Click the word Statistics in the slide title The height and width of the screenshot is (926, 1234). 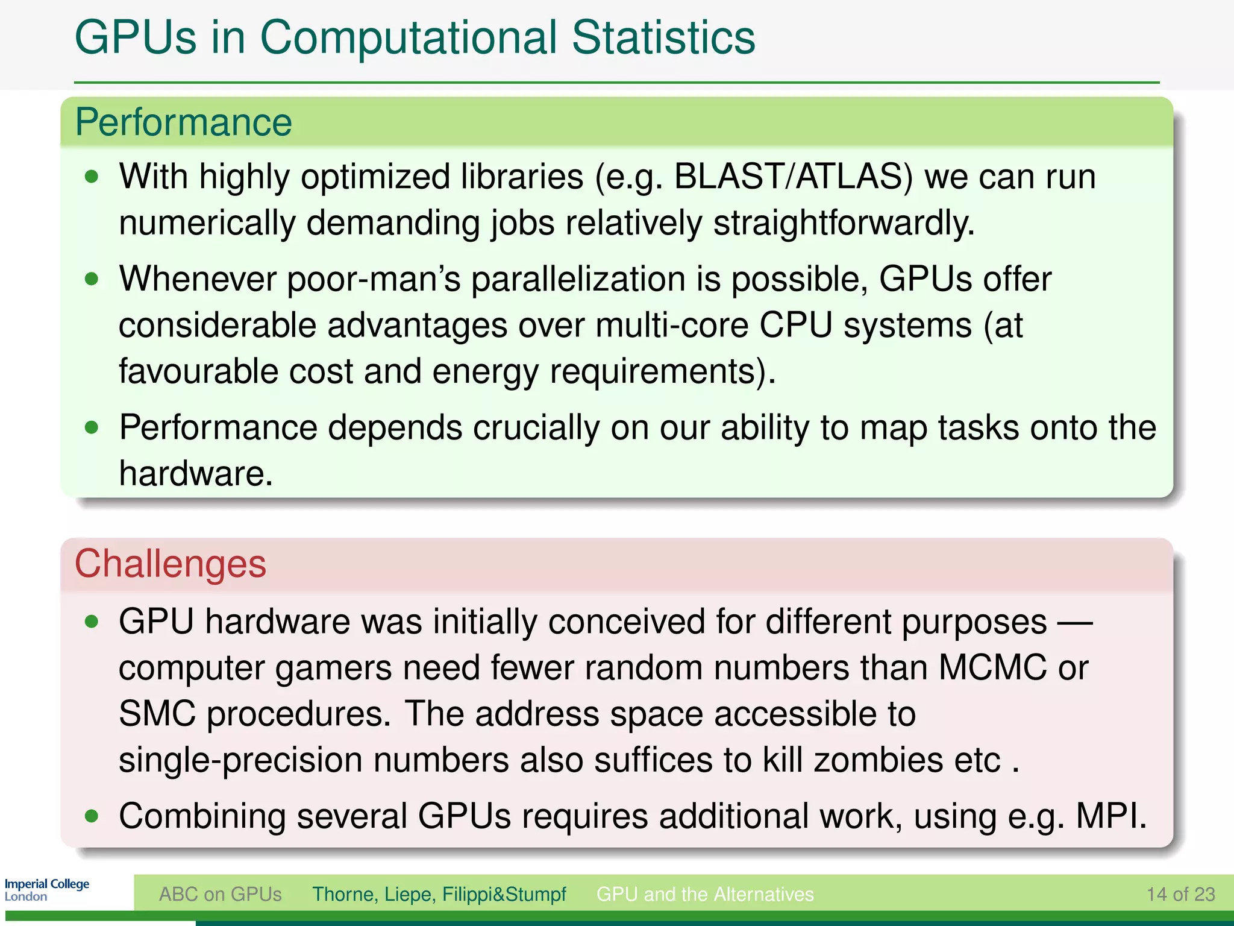click(663, 37)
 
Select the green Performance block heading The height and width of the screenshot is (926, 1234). click(183, 122)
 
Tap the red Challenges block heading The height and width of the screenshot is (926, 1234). click(170, 564)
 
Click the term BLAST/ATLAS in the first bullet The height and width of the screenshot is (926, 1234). click(793, 177)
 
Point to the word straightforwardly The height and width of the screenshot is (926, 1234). click(844, 223)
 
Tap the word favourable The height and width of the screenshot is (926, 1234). click(198, 371)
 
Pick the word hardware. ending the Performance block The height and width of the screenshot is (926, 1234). click(196, 474)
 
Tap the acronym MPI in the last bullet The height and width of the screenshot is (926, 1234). click(1110, 817)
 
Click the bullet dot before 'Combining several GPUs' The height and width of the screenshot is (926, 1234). click(92, 817)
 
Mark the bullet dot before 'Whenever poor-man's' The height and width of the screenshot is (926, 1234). click(92, 279)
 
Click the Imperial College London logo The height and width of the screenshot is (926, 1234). click(46, 890)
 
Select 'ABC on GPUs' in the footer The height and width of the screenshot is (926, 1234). click(220, 894)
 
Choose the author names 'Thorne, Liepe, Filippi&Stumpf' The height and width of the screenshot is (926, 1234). click(439, 894)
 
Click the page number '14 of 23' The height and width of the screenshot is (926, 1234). click(1180, 894)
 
